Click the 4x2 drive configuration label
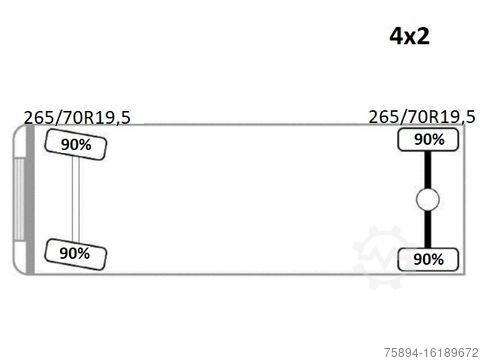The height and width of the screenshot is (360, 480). [410, 36]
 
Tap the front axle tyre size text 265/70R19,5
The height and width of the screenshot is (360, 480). [77, 117]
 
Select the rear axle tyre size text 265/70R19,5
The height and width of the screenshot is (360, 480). [422, 117]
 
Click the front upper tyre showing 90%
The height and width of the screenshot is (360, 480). [76, 144]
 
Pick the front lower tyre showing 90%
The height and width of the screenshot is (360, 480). [75, 254]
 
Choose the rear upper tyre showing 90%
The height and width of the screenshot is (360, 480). [428, 140]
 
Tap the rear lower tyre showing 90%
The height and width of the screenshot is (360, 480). [428, 259]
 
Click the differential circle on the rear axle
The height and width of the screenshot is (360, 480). [428, 199]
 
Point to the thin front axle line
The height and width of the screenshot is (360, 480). [76, 199]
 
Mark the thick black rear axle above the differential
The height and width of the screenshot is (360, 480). [428, 170]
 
